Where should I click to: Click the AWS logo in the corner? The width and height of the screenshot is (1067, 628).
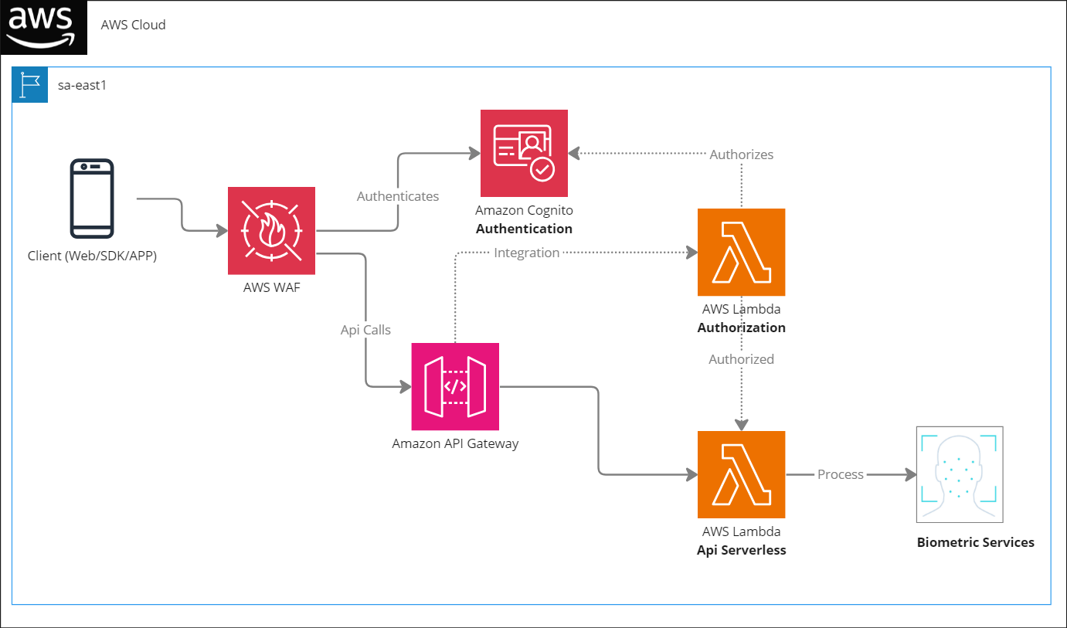pos(43,27)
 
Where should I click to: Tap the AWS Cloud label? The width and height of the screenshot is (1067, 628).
pos(134,25)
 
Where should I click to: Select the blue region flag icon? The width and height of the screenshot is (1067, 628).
pos(30,85)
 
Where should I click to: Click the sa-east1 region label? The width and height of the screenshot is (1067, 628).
pos(82,85)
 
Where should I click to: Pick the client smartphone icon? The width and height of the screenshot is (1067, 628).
pos(92,199)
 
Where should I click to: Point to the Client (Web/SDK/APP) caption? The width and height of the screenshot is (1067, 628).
pos(92,256)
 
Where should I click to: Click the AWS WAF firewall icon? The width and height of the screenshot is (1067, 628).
pos(271,230)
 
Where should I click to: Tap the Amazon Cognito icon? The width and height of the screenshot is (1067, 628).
pos(524,153)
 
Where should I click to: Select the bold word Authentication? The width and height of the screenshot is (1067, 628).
pos(524,229)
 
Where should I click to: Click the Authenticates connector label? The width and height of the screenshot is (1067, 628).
pos(398,196)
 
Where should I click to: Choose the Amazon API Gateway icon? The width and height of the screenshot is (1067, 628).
pos(455,386)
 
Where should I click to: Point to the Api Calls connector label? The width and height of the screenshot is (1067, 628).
pos(365,330)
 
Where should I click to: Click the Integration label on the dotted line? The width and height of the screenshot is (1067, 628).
pos(526,253)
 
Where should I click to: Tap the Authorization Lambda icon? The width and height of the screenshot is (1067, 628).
pos(741,253)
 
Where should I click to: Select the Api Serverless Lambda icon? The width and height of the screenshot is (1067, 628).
pos(741,475)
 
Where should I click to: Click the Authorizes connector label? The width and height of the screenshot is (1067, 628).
pos(741,154)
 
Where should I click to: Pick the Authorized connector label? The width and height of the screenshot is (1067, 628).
pos(741,359)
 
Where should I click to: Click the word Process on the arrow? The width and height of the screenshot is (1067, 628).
pos(841,475)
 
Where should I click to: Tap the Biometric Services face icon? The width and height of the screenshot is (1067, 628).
pos(960,475)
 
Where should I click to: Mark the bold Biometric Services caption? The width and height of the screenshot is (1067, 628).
pos(976,542)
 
